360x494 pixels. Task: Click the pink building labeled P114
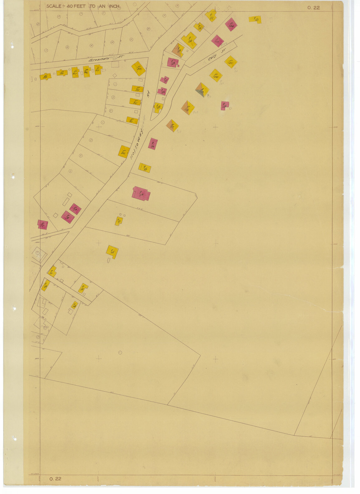pyautogui.click(x=141, y=194)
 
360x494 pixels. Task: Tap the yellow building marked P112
pyautogui.click(x=112, y=252)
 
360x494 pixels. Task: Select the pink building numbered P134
pyautogui.click(x=231, y=24)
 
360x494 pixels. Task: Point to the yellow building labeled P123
pyautogui.click(x=255, y=19)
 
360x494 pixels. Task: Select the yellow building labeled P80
pyautogui.click(x=124, y=152)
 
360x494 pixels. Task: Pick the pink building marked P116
pyautogui.click(x=153, y=144)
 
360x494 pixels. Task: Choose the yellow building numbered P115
pyautogui.click(x=145, y=168)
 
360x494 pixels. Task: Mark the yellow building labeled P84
pyautogui.click(x=138, y=68)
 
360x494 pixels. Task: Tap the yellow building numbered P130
pyautogui.click(x=189, y=40)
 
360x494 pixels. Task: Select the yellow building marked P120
pyautogui.click(x=216, y=75)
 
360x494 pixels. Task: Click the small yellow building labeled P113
pyautogui.click(x=119, y=221)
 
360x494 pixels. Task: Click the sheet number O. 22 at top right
pyautogui.click(x=313, y=8)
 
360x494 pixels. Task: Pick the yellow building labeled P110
pyautogui.click(x=83, y=288)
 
